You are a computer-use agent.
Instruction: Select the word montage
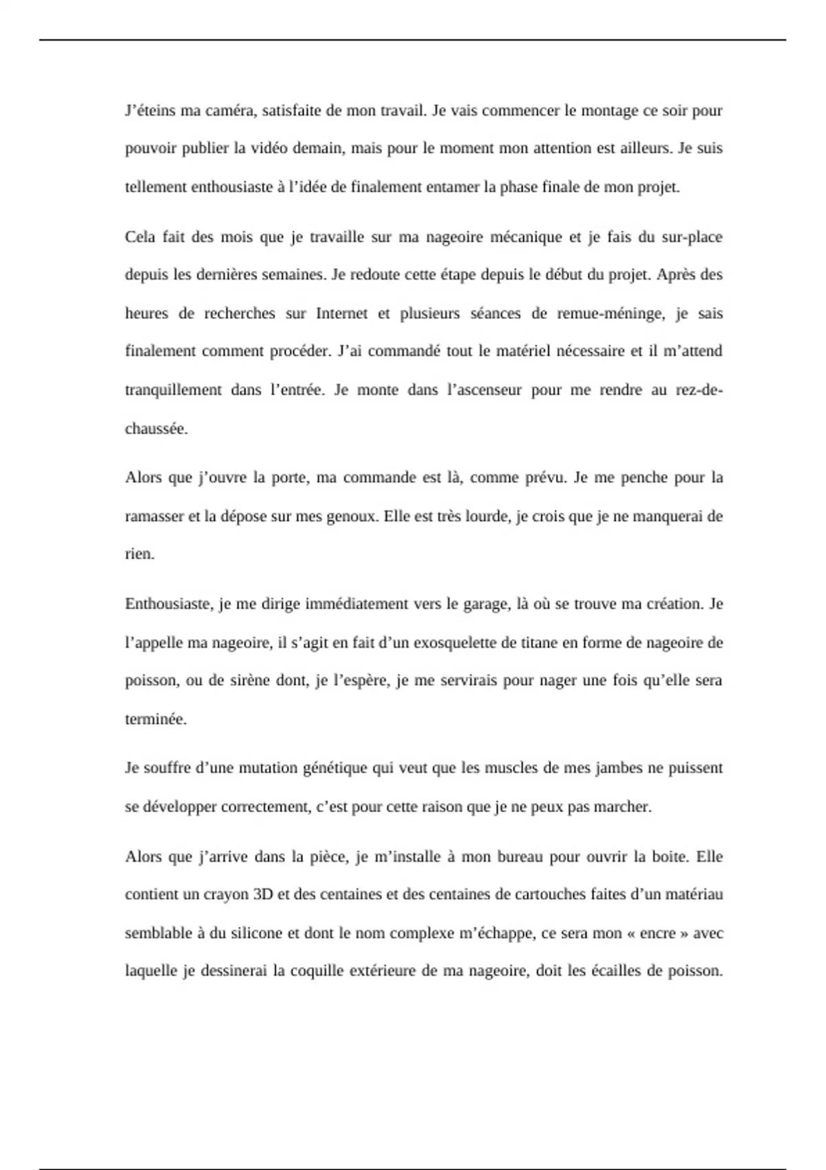pos(610,111)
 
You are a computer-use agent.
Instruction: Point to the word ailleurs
pos(644,149)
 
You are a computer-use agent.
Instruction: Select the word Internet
pos(342,314)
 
